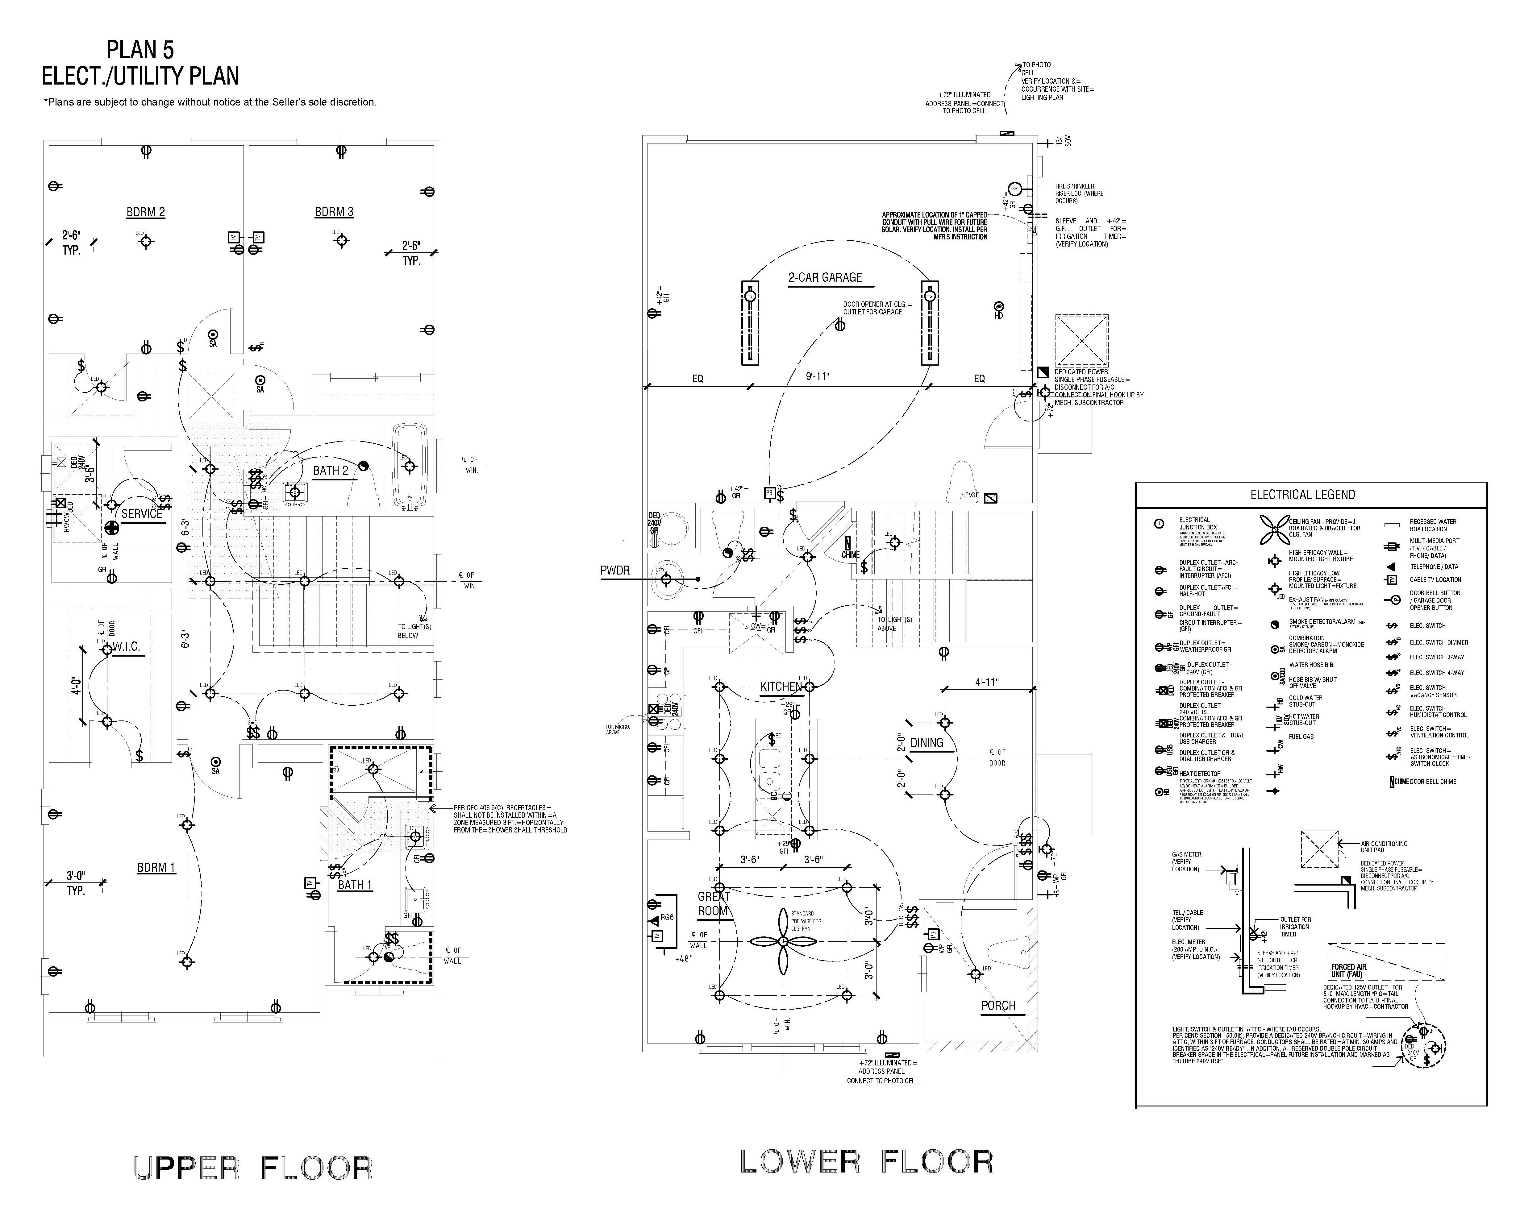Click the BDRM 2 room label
coord(146,212)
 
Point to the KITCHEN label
coord(781,687)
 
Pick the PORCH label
coord(998,1006)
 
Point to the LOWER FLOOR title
coord(866,1162)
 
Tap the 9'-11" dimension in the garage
coord(818,377)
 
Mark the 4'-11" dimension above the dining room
coord(987,683)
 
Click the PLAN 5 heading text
coord(140,50)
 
